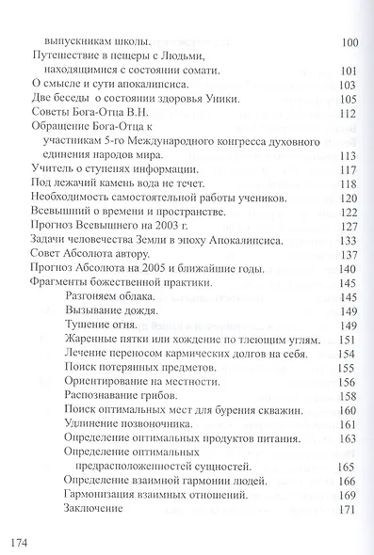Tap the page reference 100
pos(347,43)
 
